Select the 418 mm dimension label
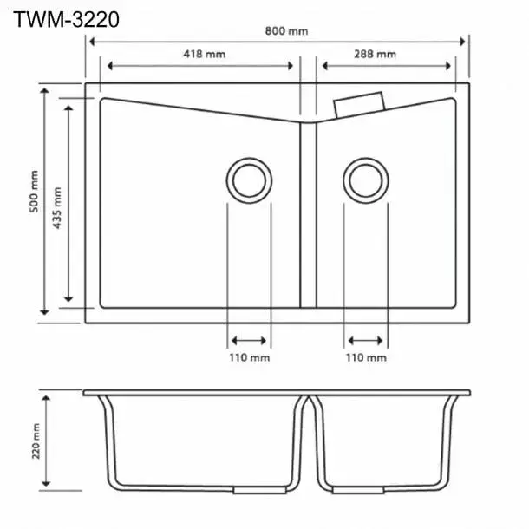click(205, 54)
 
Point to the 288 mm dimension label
click(376, 54)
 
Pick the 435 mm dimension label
click(58, 206)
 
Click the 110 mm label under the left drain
click(249, 357)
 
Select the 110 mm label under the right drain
click(366, 357)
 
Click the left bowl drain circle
click(249, 180)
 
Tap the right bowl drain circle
click(366, 180)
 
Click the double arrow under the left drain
click(249, 339)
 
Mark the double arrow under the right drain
click(366, 339)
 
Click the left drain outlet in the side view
click(249, 490)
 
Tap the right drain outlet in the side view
click(366, 490)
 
